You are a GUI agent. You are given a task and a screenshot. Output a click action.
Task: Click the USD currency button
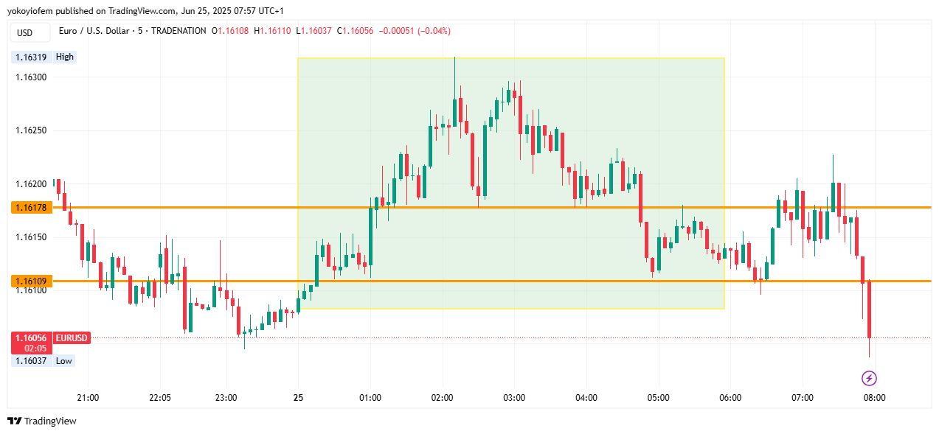tap(25, 32)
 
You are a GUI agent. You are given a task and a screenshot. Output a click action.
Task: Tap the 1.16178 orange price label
tap(30, 208)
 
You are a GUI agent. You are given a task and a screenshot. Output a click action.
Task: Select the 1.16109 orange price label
tap(30, 281)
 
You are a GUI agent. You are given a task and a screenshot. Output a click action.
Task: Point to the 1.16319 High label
tap(44, 57)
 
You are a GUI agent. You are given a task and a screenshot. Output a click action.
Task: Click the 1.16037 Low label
tap(44, 361)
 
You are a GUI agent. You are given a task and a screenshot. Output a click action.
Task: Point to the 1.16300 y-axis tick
tap(31, 77)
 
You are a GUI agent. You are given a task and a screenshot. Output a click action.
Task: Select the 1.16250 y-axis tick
tap(31, 130)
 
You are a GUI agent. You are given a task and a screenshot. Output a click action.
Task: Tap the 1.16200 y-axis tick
tap(31, 183)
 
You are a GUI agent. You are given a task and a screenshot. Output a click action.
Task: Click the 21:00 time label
tap(88, 398)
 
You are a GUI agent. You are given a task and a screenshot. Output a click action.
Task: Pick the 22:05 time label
tap(159, 398)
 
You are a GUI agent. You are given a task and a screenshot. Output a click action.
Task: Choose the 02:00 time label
tap(442, 398)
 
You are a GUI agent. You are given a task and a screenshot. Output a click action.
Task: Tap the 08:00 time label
tap(874, 398)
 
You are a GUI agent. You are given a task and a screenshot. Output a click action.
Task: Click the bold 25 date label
tap(298, 398)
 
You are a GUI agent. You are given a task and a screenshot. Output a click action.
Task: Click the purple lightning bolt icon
tap(869, 379)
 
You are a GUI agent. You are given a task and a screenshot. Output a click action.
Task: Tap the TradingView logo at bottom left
tap(42, 421)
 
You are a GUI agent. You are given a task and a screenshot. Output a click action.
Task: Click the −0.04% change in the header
tap(434, 31)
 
